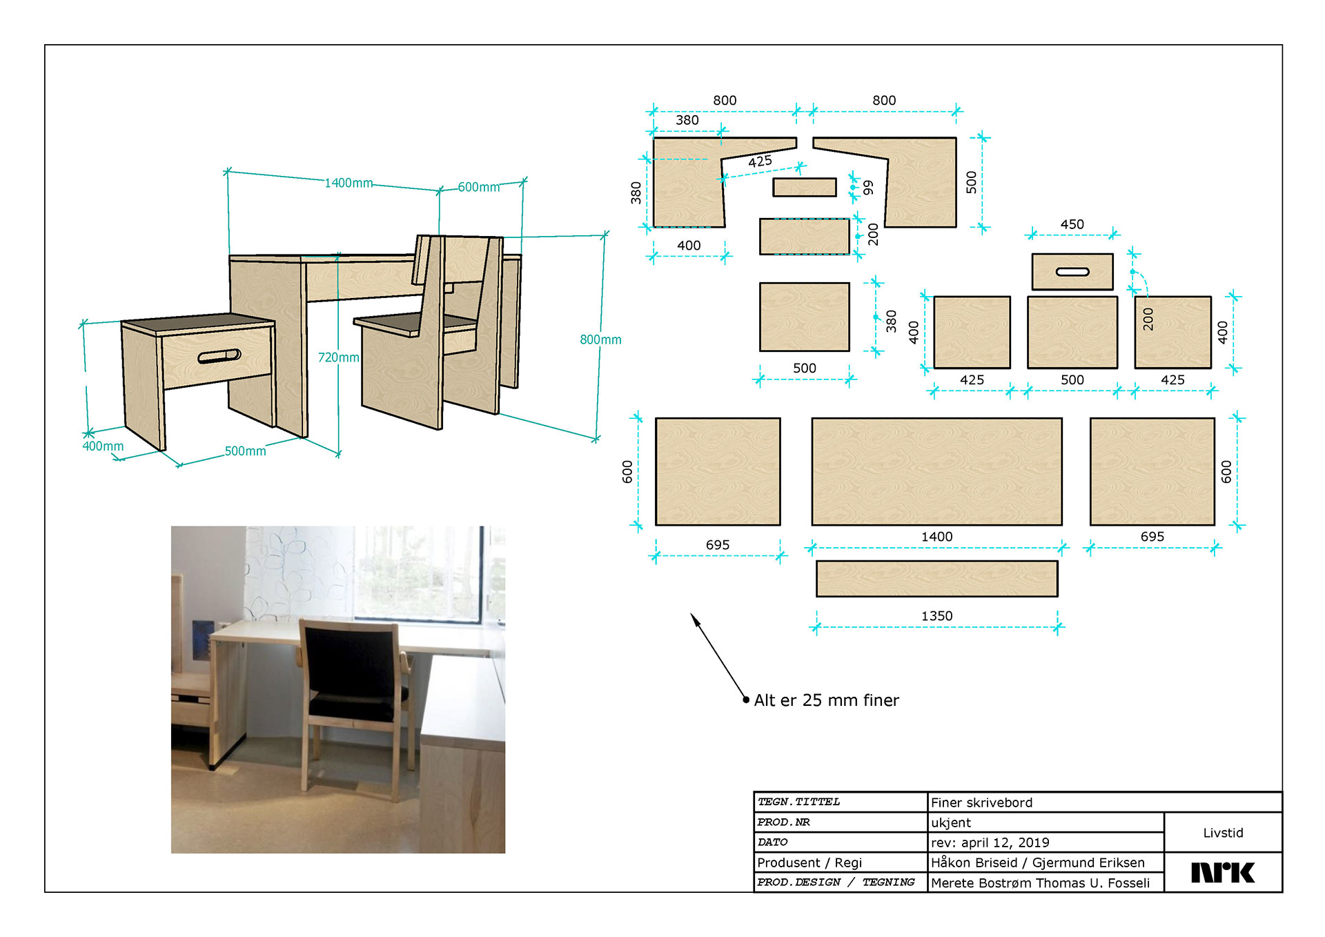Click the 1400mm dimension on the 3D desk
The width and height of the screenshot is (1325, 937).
[349, 183]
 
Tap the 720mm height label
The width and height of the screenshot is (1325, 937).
[338, 357]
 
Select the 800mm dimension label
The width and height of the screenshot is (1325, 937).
[600, 339]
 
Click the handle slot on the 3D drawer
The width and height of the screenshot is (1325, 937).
[219, 356]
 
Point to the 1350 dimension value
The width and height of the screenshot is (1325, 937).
[936, 615]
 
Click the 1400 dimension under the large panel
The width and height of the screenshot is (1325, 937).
[936, 536]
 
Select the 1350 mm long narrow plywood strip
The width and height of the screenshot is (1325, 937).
[936, 578]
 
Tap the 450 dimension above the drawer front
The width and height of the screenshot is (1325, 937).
[1072, 224]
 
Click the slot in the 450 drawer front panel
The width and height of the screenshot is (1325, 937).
[1072, 272]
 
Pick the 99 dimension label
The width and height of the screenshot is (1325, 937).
[868, 187]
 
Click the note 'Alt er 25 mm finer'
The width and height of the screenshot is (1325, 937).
[826, 700]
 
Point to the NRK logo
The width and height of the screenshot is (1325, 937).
[1222, 873]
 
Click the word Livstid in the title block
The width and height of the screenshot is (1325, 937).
[1223, 833]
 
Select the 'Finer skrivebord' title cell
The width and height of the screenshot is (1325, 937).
[981, 802]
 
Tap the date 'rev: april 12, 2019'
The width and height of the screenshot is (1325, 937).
[990, 842]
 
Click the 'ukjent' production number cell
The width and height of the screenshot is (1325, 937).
[950, 822]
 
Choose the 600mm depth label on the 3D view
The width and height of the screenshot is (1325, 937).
[478, 187]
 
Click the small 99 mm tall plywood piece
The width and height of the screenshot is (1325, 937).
[805, 187]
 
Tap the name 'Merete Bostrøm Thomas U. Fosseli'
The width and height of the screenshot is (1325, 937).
[1040, 882]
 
